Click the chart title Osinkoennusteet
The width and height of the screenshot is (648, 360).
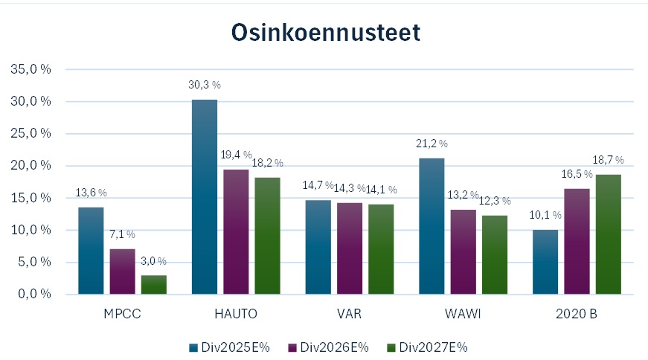325,32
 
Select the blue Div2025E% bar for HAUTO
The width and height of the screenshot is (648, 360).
205,197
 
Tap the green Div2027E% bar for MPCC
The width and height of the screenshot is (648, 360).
154,285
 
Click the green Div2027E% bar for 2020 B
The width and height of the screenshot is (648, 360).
608,234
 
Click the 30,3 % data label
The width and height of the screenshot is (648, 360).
205,85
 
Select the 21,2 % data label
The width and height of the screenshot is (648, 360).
432,144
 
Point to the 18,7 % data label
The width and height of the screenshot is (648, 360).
608,160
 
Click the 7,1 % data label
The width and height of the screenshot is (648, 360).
122,234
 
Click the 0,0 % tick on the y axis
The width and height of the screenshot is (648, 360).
34,294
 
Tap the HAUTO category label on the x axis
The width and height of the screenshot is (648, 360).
236,314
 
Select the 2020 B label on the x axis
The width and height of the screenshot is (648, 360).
577,314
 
